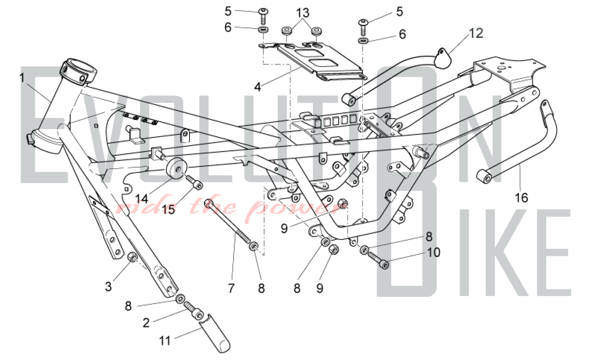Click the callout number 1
[22, 78]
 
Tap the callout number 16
[521, 198]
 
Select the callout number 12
[476, 33]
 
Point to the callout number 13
[303, 13]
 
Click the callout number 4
[258, 87]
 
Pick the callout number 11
[165, 341]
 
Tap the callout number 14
[141, 199]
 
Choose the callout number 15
[168, 210]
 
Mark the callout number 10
[433, 253]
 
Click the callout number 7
[231, 288]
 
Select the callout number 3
[108, 287]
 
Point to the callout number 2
[146, 323]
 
